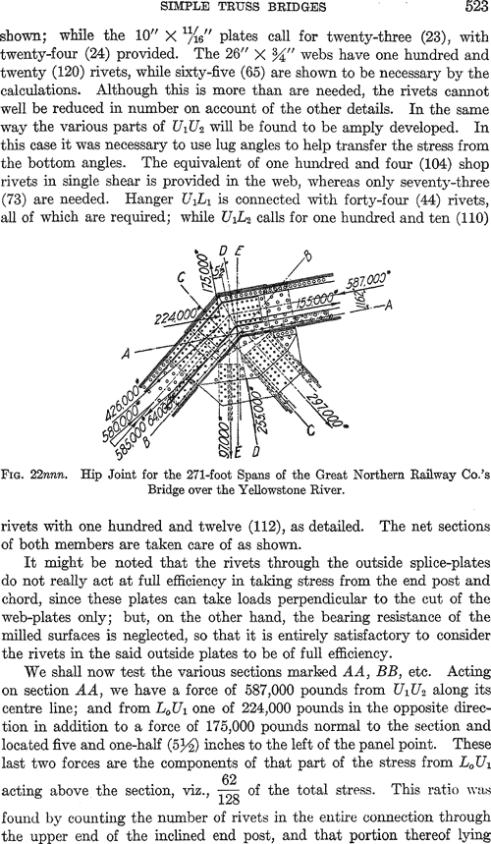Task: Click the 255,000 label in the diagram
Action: click(x=256, y=408)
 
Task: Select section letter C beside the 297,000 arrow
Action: click(x=309, y=431)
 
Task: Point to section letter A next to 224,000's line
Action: click(x=128, y=353)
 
